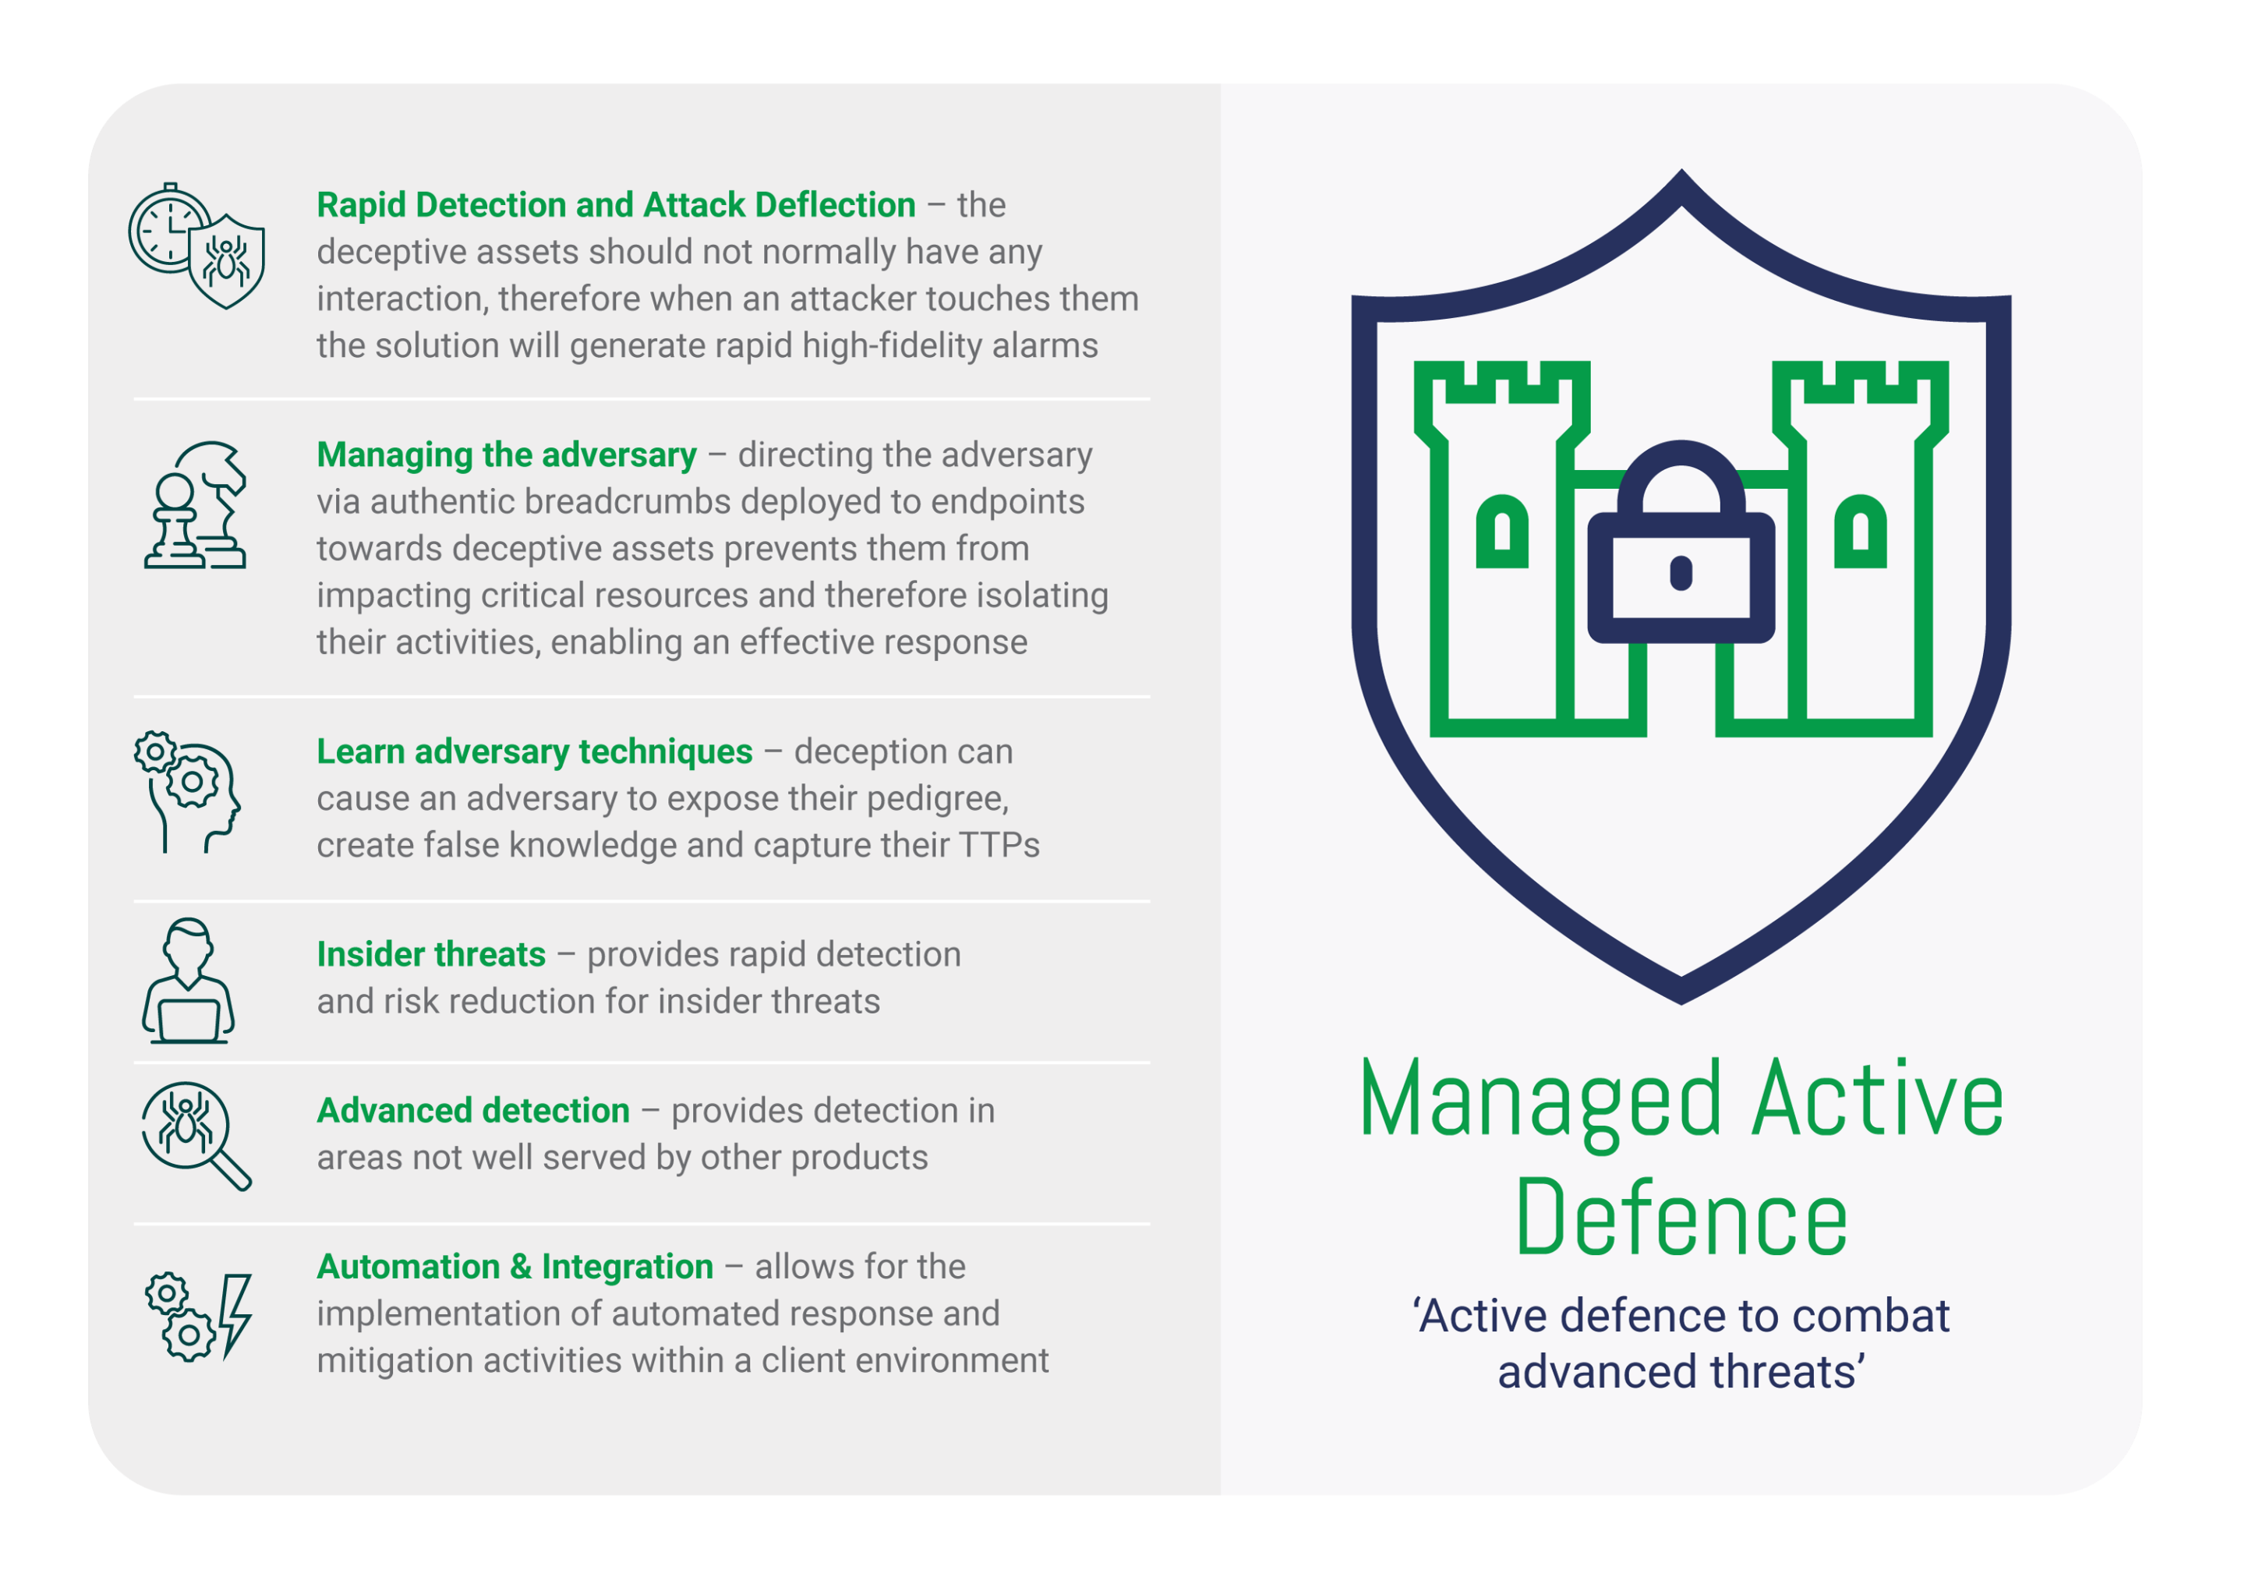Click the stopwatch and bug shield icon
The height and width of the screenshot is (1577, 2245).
point(196,246)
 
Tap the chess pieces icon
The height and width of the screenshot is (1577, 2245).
point(196,504)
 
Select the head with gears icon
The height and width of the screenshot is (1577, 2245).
point(188,792)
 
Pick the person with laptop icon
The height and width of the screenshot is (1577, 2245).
point(188,981)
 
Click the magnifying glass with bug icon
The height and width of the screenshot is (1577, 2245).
point(196,1136)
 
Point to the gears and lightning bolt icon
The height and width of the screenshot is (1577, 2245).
point(199,1317)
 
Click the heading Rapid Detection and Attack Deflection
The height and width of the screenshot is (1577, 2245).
point(616,205)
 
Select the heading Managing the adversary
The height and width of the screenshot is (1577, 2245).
point(507,455)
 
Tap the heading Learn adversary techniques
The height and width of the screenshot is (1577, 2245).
point(535,751)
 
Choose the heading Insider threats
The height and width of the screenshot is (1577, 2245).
point(431,954)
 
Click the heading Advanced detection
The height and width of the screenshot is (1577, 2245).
point(473,1111)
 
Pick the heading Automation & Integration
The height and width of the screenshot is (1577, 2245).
point(515,1267)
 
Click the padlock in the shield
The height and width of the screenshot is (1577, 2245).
point(1681,543)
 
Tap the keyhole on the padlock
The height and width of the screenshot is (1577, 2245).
point(1681,573)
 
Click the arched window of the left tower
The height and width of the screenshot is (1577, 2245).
point(1502,532)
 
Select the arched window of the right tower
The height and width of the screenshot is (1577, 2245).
point(1860,532)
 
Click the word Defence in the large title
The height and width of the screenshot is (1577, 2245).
point(1681,1216)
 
